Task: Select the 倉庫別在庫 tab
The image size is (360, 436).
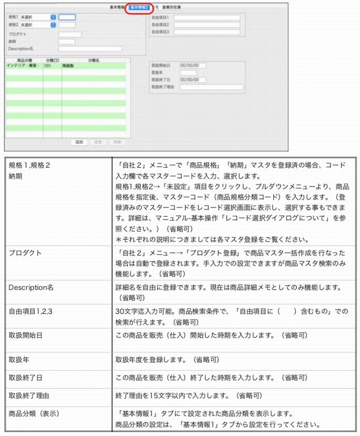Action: pos(172,8)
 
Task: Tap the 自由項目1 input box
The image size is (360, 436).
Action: pos(206,18)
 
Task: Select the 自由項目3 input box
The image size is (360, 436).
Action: pos(206,32)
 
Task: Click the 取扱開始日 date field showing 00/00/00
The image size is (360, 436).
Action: pos(192,65)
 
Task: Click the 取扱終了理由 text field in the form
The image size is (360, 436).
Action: pos(211,87)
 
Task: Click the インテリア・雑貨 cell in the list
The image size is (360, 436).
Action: pos(23,66)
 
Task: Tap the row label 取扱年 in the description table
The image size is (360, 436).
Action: pos(18,359)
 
